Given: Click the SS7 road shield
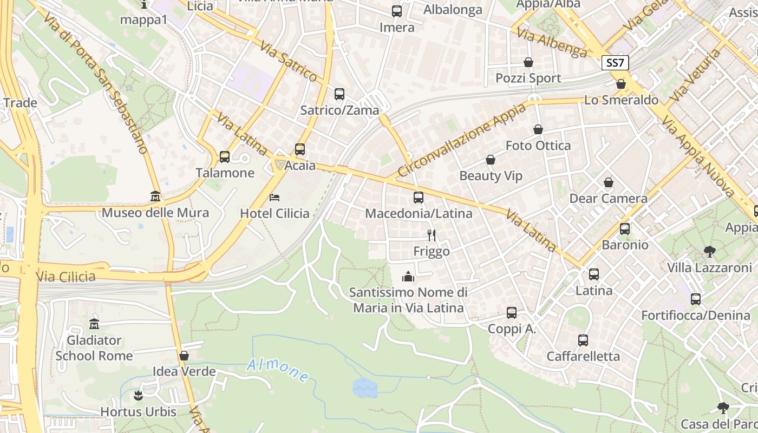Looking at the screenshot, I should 615,63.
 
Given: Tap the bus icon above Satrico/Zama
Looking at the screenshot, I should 339,94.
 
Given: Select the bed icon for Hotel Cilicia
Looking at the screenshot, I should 275,198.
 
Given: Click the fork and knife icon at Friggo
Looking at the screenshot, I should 432,235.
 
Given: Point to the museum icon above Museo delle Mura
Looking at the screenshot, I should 155,196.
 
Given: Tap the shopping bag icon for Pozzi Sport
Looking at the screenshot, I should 528,62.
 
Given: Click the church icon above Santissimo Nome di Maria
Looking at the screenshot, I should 408,277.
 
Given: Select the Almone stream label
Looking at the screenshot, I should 278,371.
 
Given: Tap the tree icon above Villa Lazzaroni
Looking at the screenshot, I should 709,251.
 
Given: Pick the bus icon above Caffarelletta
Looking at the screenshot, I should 583,340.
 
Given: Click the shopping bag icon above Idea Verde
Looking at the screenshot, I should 184,356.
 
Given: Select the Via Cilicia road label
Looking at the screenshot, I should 66,277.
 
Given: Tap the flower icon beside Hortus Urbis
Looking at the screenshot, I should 138,396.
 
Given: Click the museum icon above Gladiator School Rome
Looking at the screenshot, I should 94,324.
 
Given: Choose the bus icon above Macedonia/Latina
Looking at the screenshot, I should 419,198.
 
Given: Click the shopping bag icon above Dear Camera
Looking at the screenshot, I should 609,182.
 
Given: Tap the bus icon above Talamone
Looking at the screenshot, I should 225,157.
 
